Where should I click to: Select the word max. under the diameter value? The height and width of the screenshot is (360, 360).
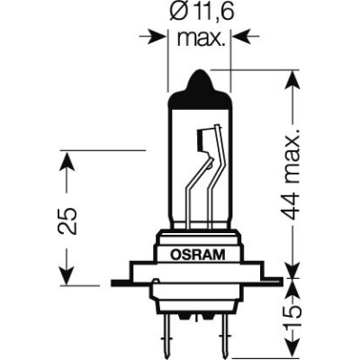pyautogui.click(x=200, y=38)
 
